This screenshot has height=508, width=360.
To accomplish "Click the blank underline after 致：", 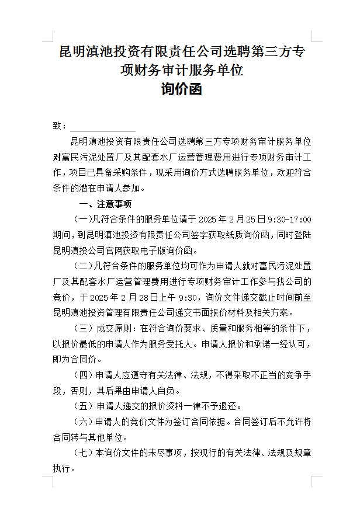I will (x=103, y=126).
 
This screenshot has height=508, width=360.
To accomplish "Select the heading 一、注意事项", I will (x=105, y=204).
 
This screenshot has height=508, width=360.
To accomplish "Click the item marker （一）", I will (x=80, y=220).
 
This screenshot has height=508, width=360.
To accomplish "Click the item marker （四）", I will (x=80, y=374).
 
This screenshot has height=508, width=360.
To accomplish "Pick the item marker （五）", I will (x=80, y=406).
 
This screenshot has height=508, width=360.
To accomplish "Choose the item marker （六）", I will (x=80, y=421).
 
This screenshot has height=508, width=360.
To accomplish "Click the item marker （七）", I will (x=80, y=452).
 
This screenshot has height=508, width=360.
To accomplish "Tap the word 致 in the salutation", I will (x=57, y=126).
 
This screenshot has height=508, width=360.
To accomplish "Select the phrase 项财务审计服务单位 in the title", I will (x=181, y=71).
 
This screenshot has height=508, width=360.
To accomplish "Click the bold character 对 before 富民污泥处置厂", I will (x=57, y=157).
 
